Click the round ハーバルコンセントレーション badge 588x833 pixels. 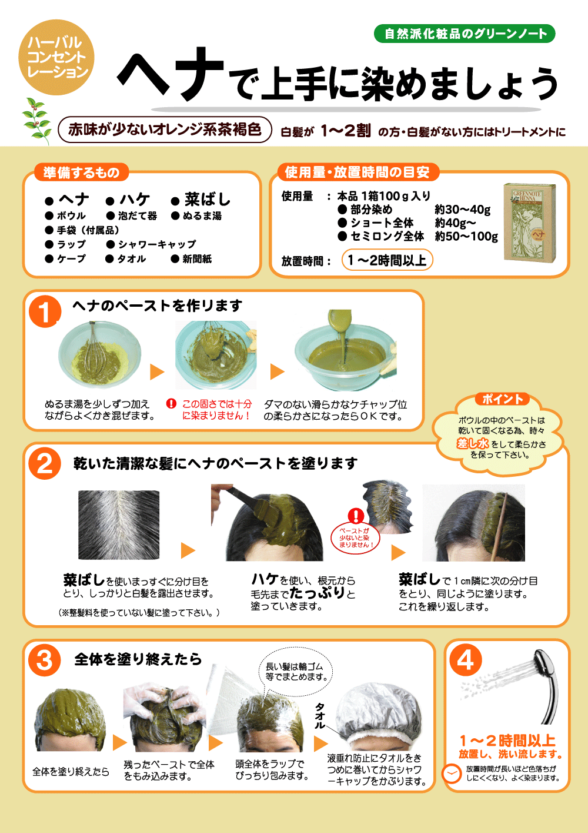(x=56, y=57)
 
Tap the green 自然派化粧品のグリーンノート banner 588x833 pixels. (x=465, y=34)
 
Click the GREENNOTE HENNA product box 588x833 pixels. (x=530, y=223)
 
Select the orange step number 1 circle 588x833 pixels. (x=45, y=311)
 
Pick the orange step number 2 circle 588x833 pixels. (x=45, y=463)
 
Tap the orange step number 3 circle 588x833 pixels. (x=45, y=660)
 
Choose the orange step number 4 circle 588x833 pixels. (x=466, y=660)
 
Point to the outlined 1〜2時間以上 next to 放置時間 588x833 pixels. (x=387, y=260)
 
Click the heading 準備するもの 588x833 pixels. (x=81, y=172)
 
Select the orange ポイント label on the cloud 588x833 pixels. (x=502, y=399)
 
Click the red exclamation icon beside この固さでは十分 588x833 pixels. (x=171, y=403)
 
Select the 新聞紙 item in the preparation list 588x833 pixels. (x=191, y=259)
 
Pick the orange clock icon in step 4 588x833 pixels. (x=452, y=774)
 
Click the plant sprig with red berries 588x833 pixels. (x=36, y=121)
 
